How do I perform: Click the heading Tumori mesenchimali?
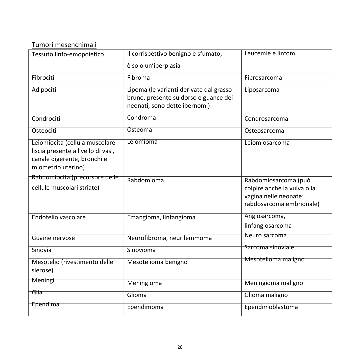64,45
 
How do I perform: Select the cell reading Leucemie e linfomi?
270,53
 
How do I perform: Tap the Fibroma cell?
138,78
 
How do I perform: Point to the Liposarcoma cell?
262,90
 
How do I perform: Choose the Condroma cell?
141,118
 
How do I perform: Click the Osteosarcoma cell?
264,131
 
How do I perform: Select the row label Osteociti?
44,131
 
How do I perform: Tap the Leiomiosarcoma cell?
267,143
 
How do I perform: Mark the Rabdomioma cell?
145,180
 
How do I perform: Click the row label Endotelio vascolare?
58,217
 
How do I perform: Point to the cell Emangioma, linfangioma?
161,217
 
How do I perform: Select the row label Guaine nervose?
53,238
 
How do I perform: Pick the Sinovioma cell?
141,250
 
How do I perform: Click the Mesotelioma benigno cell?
157,262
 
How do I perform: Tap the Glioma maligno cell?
266,295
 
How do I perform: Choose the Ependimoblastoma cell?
271,307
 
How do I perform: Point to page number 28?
180,347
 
